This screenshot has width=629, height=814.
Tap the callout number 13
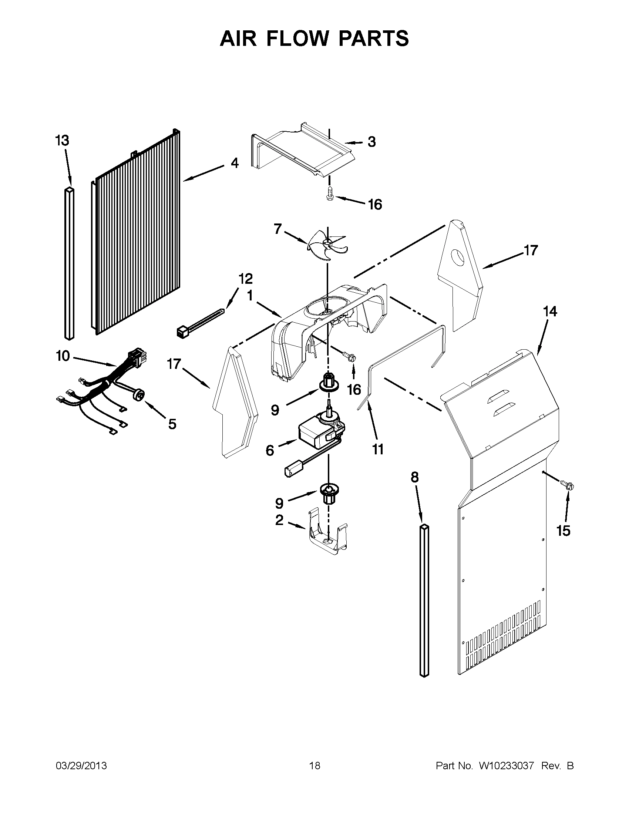pos(62,141)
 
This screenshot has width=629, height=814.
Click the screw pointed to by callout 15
pos(569,486)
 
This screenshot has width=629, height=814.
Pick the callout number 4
pos(234,163)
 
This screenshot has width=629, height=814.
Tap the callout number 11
pos(378,450)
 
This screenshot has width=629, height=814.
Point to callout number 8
pos(415,477)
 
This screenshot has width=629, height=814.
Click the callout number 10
pos(63,356)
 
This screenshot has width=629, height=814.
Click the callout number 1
pos(250,296)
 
